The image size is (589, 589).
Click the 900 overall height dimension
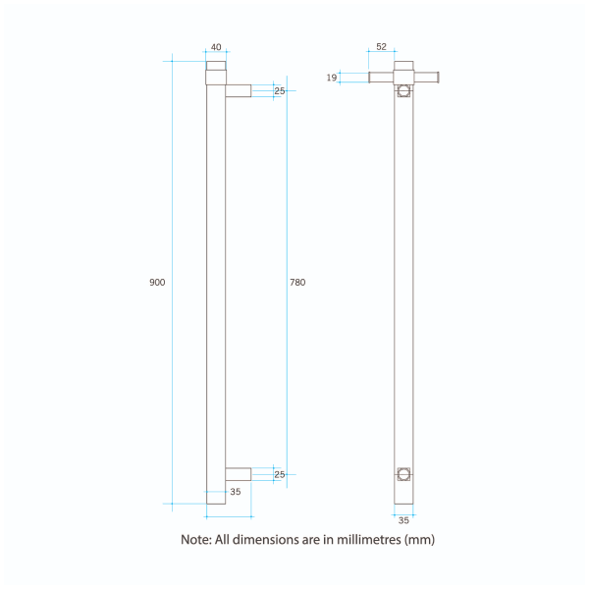click(157, 283)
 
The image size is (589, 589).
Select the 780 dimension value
click(297, 283)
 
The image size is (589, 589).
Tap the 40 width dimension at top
click(216, 48)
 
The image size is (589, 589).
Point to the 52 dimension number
click(381, 48)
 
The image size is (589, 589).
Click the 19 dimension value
click(332, 77)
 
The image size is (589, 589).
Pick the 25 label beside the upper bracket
click(280, 91)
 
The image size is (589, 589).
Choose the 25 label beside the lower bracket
click(280, 474)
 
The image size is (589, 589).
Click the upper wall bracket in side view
click(239, 91)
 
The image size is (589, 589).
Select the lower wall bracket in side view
click(239, 474)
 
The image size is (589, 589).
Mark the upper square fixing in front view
click(403, 92)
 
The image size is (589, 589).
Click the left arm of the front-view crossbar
click(382, 77)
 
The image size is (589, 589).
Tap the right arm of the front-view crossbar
click(425, 77)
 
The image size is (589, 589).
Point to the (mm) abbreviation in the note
click(420, 540)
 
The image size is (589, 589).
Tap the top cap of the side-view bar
click(216, 67)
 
